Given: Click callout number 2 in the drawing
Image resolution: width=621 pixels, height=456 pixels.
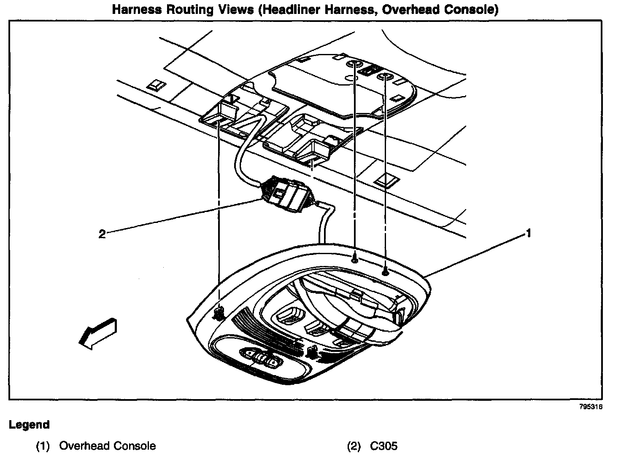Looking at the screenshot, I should (x=102, y=234).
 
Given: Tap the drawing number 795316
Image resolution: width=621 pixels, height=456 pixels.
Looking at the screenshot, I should (x=591, y=407).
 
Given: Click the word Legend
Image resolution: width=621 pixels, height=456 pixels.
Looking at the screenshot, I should (x=29, y=425).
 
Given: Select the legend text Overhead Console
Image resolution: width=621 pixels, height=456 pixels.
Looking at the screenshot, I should (x=107, y=446).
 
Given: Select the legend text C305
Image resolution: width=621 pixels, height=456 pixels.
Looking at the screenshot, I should (x=384, y=446).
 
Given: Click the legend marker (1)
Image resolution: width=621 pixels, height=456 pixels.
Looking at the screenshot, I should (x=43, y=446).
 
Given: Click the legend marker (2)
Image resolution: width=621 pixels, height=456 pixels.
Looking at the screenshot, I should (x=354, y=446).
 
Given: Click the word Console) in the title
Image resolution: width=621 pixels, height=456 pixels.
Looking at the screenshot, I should (x=472, y=10).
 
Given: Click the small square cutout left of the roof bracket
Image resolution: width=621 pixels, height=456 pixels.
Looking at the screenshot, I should (x=155, y=86).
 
